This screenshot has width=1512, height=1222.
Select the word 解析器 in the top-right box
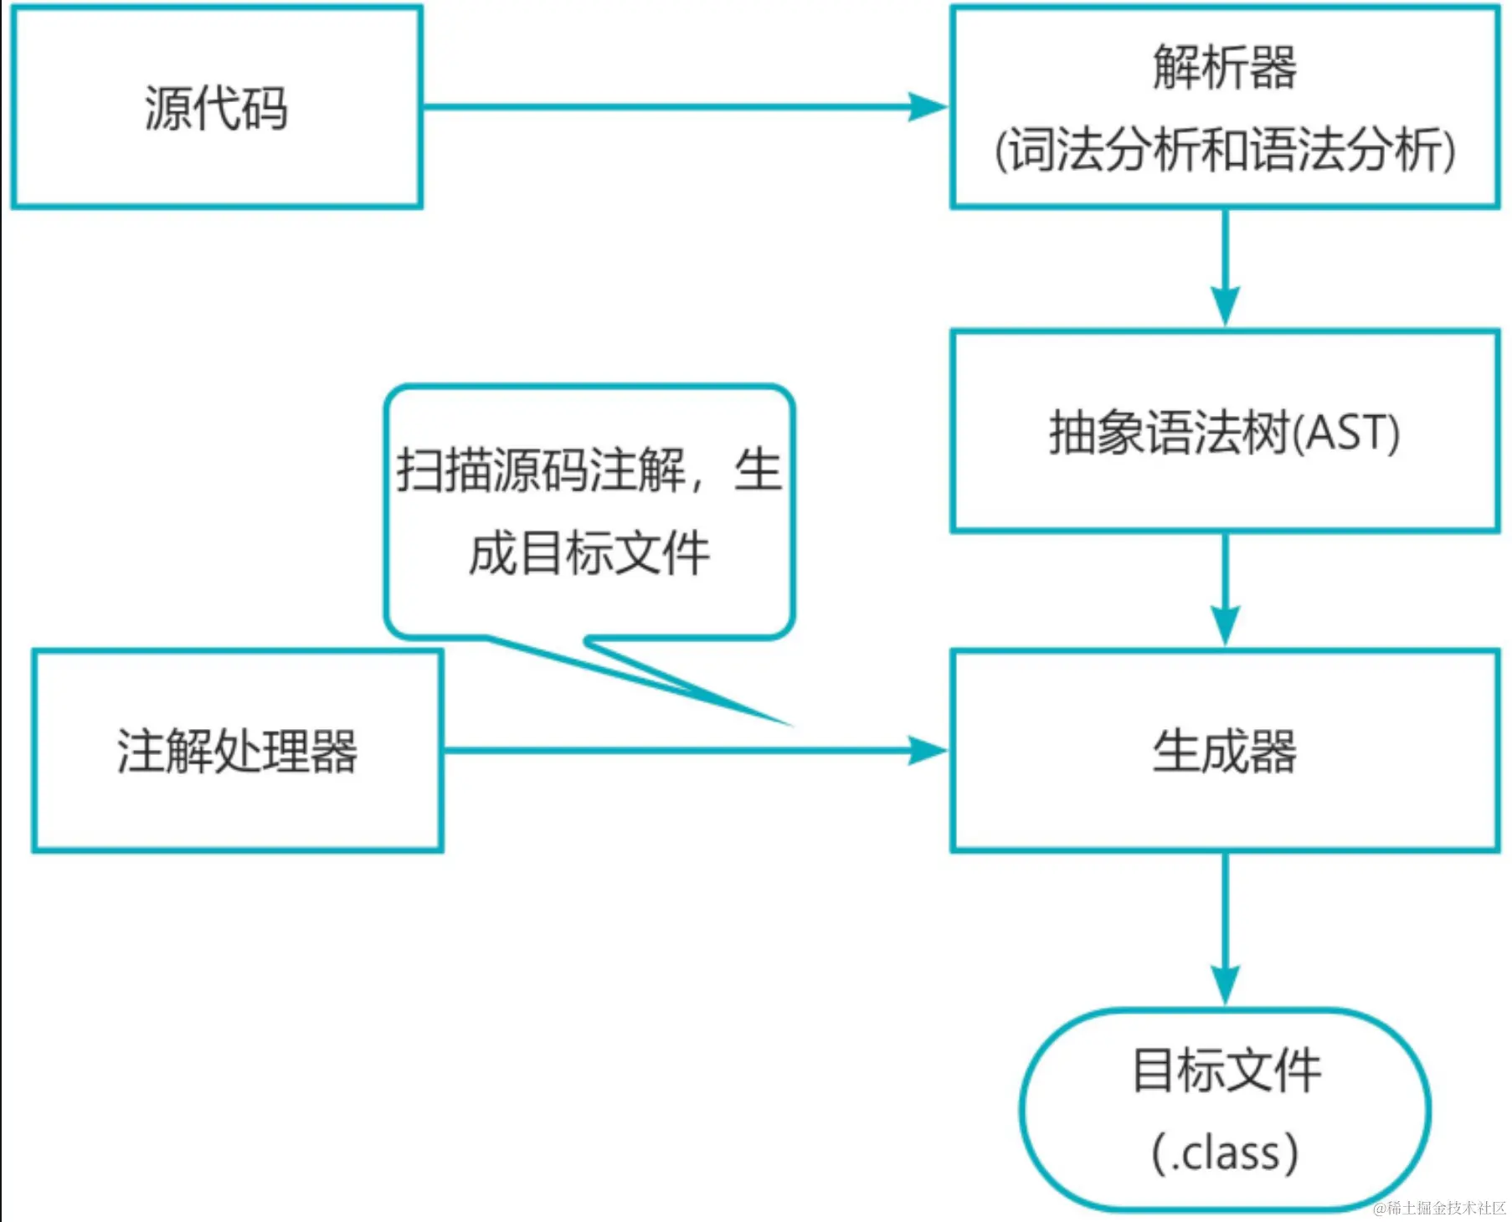[x=1224, y=67]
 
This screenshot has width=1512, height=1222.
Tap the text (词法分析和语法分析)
[x=1224, y=151]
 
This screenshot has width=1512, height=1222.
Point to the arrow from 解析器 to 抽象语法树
[x=1225, y=268]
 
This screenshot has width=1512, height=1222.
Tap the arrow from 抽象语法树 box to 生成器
[x=1225, y=590]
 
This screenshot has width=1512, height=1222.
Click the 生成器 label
[x=1224, y=751]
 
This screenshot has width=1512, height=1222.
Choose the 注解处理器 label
[x=237, y=751]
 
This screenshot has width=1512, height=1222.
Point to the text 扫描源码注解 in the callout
[x=540, y=470]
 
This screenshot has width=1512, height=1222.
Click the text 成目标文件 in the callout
[x=589, y=553]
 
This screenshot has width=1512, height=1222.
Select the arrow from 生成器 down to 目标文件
[x=1225, y=929]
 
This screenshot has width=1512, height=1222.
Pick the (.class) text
[x=1226, y=1153]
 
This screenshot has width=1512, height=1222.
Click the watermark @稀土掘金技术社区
[x=1439, y=1208]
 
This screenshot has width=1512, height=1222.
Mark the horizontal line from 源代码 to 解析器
[x=670, y=107]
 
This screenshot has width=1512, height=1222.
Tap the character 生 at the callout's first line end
[x=758, y=470]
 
